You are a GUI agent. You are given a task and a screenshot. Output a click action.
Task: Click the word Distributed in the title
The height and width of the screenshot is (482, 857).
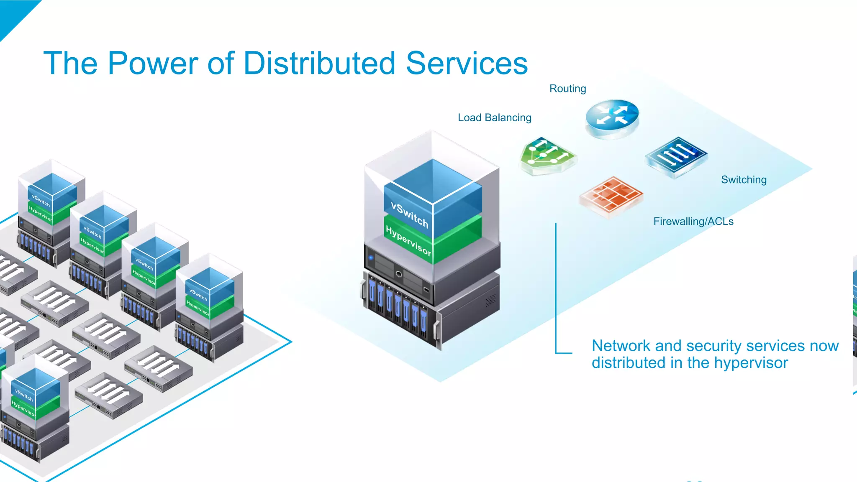(x=319, y=64)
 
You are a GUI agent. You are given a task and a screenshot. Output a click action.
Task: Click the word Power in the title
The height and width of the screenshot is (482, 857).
(x=152, y=64)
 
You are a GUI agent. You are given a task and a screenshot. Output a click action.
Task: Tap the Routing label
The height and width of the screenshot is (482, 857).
(x=567, y=89)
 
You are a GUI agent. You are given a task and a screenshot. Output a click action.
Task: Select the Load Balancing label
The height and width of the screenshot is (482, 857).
(x=494, y=118)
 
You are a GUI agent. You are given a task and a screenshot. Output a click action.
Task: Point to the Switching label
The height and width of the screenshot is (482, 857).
(x=744, y=180)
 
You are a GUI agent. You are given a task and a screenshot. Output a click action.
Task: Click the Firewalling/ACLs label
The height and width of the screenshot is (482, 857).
(x=693, y=222)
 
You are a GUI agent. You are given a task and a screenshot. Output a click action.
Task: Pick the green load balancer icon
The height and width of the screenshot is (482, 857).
(x=547, y=155)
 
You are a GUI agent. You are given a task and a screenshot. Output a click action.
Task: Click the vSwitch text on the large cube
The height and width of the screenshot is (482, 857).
(x=409, y=215)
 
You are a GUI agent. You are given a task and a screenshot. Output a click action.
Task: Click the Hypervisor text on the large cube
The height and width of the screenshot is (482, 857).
(x=408, y=240)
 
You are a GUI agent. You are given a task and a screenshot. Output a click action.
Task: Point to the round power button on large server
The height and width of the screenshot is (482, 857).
(x=398, y=274)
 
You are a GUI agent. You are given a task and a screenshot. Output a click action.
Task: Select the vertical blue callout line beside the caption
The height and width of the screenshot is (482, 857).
(x=556, y=288)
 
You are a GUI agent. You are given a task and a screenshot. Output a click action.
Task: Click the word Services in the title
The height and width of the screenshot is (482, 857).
(x=467, y=64)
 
